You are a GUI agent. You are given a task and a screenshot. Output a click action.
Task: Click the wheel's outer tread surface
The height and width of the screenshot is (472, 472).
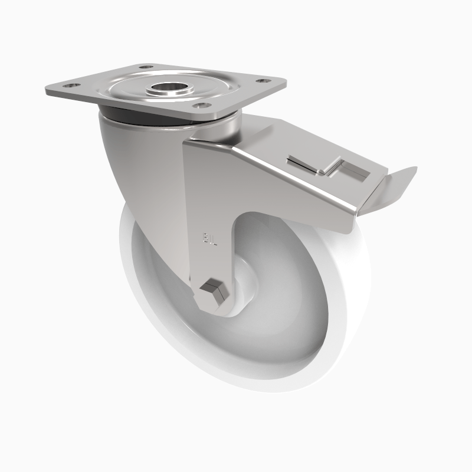354,295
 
